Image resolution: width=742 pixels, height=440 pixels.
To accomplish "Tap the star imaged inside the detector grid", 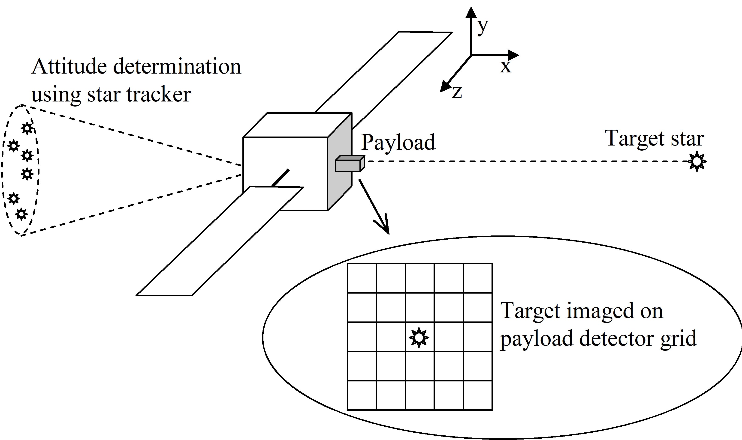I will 419,337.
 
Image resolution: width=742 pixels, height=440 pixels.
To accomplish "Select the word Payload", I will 398,143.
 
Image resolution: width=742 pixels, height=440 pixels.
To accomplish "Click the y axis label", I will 482,27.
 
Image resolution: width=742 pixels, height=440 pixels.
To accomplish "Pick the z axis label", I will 457,92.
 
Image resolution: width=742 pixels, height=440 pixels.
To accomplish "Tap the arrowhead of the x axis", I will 513,55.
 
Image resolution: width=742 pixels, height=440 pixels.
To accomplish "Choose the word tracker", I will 159,95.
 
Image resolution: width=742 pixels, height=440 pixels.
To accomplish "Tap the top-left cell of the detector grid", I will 362,278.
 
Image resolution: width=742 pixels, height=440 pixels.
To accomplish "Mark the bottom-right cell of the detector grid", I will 478,395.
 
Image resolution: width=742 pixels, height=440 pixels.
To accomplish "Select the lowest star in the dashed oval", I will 21,214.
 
